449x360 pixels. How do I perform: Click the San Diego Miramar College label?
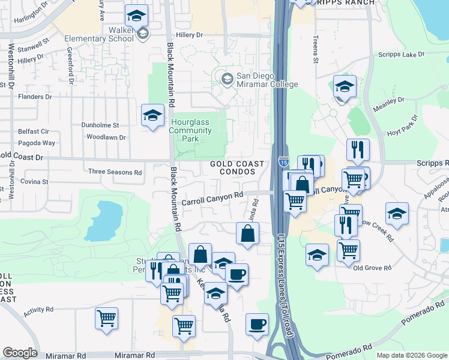pyautogui.click(x=267, y=80)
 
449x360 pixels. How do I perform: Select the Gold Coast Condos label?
pyautogui.click(x=237, y=167)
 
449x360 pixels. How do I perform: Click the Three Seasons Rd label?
pyautogui.click(x=115, y=172)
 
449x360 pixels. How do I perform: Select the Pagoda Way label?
pyautogui.click(x=37, y=143)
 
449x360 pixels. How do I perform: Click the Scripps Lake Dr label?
pyautogui.click(x=402, y=55)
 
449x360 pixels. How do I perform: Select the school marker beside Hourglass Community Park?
pyautogui.click(x=152, y=115)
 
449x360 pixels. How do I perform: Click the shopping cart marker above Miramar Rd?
pyautogui.click(x=184, y=326)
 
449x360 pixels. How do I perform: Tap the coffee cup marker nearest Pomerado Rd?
pyautogui.click(x=257, y=324)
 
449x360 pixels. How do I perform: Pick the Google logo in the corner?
pyautogui.click(x=20, y=353)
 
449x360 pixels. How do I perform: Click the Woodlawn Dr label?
pyautogui.click(x=106, y=137)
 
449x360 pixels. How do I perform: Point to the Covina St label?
pyautogui.click(x=34, y=181)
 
